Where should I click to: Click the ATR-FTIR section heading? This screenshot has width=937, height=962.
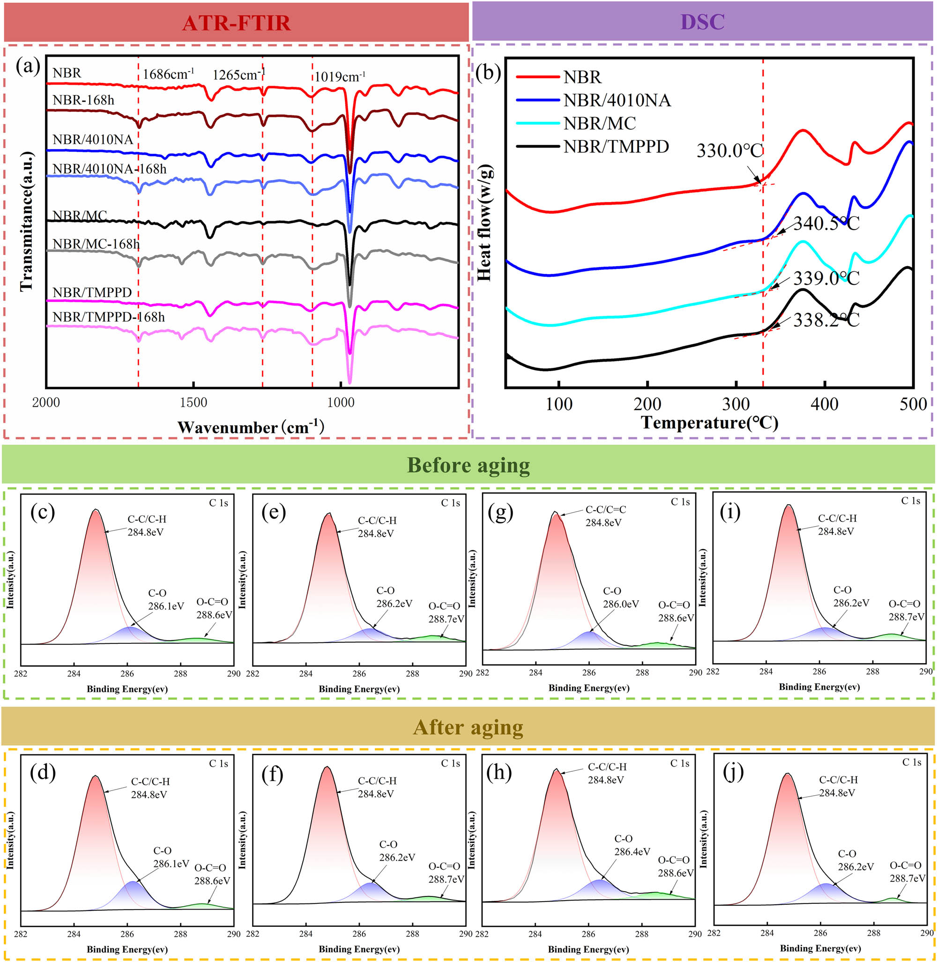click(x=236, y=23)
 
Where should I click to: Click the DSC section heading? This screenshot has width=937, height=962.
click(x=702, y=22)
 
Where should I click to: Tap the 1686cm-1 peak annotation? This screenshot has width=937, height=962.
click(x=168, y=75)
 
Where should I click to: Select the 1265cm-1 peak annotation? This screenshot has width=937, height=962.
click(x=238, y=75)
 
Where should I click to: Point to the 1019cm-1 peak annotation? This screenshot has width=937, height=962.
click(x=340, y=77)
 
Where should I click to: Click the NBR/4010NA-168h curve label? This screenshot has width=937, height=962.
click(x=109, y=169)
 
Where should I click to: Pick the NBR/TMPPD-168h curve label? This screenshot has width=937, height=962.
click(x=109, y=317)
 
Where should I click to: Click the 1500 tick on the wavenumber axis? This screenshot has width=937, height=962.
click(x=193, y=403)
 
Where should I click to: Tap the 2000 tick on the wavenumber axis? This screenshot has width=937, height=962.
click(x=46, y=403)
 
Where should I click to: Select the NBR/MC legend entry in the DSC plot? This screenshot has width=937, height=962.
click(x=599, y=123)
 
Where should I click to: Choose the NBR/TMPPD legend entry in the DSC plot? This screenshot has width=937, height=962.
click(x=616, y=146)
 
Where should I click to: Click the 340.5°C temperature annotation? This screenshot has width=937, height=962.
click(x=826, y=224)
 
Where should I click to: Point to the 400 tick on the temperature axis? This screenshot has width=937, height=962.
click(x=824, y=404)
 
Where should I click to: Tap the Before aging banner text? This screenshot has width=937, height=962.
click(x=468, y=465)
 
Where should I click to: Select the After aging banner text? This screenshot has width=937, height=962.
click(x=468, y=727)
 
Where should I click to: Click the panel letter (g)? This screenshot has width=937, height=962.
click(x=500, y=513)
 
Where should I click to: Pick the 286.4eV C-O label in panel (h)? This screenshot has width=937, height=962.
click(x=632, y=851)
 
